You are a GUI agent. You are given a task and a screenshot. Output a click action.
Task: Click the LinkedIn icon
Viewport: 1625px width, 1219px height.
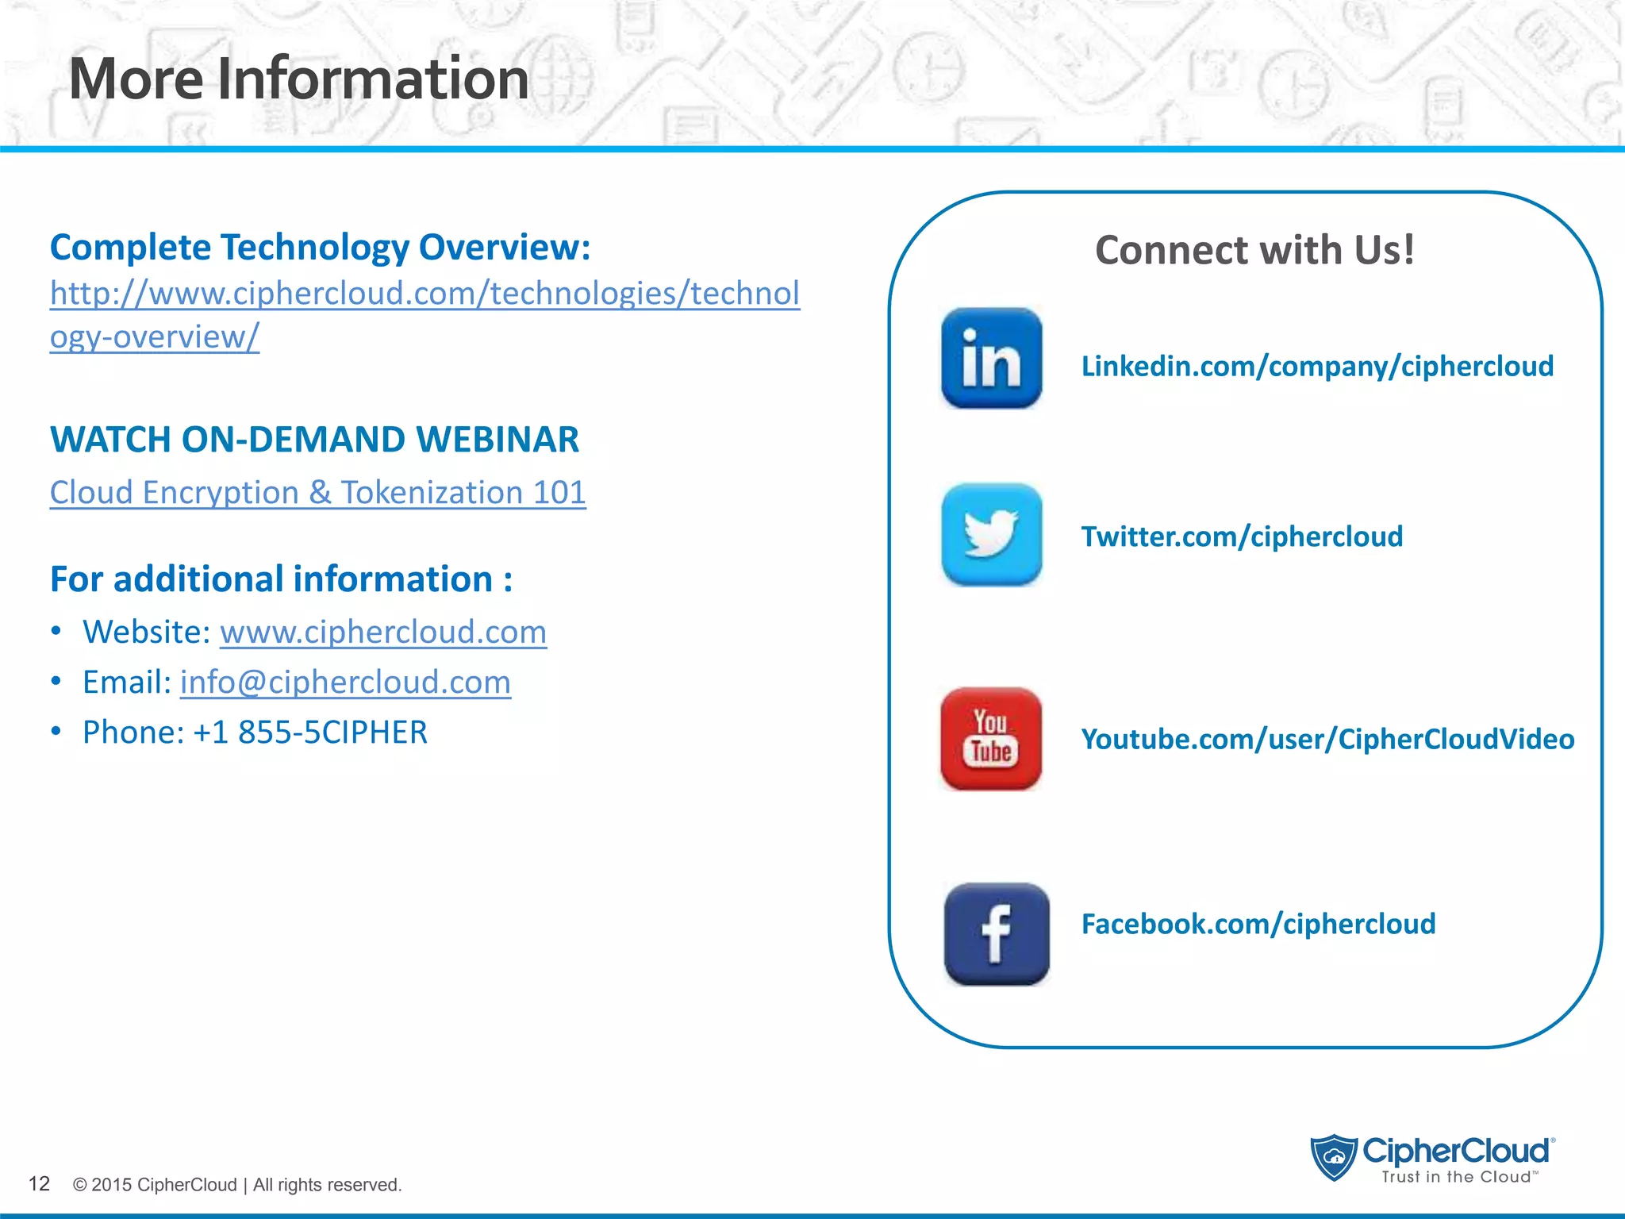991,359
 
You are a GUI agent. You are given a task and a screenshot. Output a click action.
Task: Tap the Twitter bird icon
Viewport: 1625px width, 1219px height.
991,534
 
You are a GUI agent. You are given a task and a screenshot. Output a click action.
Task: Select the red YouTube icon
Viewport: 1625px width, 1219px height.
991,738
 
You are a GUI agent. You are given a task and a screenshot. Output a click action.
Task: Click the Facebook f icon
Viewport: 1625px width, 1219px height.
997,934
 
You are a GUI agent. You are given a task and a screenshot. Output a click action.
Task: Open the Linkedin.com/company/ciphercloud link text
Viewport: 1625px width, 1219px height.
1317,366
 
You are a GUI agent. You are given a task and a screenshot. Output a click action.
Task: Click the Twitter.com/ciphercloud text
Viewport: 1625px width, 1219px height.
1242,536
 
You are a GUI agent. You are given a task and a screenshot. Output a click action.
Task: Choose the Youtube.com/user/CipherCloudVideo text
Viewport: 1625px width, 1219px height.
1327,739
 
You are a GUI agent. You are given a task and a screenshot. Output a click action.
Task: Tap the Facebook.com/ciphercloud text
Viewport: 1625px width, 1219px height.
1258,924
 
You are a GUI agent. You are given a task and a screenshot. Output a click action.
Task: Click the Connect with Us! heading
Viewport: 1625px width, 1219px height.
1254,250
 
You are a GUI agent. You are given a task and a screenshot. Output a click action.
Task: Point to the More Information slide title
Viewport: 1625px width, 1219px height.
298,79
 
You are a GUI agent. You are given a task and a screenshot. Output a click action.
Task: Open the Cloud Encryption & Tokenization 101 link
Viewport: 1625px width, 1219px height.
317,492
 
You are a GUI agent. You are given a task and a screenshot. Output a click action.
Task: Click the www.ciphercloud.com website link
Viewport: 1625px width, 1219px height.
383,632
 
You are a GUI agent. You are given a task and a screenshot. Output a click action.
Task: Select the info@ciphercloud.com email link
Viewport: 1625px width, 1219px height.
345,682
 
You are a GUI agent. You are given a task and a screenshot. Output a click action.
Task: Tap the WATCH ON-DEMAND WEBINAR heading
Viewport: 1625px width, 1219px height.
314,440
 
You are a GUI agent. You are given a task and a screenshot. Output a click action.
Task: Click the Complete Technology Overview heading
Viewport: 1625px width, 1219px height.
320,247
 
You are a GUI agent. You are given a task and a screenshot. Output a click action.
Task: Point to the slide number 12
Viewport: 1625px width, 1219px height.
39,1184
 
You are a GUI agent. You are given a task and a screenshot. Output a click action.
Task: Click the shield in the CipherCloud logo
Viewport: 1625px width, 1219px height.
1335,1157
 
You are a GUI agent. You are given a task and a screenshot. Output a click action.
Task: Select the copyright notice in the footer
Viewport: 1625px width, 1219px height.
237,1185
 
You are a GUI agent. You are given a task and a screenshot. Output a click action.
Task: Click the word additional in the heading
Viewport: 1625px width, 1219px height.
201,579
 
